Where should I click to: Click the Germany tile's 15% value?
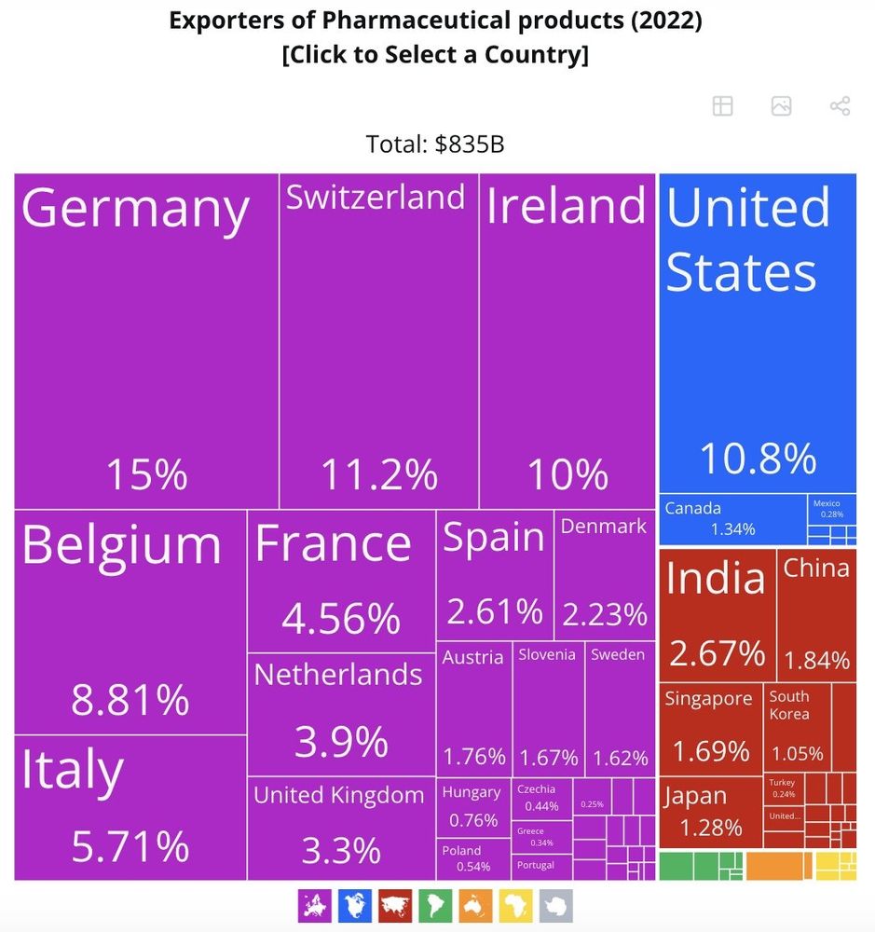pos(146,474)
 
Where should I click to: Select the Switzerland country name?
pos(376,198)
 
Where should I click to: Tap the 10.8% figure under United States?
pos(757,458)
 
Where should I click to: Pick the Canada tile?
pos(732,519)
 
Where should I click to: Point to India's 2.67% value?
pos(717,653)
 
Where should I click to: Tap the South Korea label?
pos(789,706)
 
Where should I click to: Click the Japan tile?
pos(710,811)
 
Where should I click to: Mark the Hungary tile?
pos(472,805)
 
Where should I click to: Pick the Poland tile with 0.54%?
pos(472,858)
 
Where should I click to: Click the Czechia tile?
pos(541,798)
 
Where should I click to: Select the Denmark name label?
pos(603,527)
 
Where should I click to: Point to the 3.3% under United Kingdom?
pos(341,850)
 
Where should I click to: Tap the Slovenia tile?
pos(548,708)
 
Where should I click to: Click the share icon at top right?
pos(840,106)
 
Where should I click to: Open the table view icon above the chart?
pos(722,106)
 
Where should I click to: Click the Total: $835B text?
pos(435,144)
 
